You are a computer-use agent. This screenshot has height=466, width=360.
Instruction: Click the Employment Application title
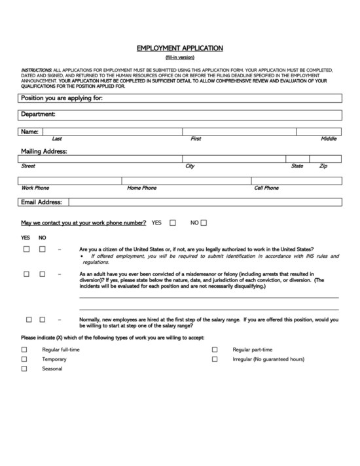click(x=179, y=48)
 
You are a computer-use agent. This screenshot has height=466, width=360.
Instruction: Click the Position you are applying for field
click(x=223, y=98)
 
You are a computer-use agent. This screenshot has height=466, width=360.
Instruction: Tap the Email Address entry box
click(x=205, y=202)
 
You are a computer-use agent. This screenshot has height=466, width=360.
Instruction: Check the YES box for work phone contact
click(x=173, y=223)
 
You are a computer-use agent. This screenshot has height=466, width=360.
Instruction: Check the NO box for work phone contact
click(x=204, y=223)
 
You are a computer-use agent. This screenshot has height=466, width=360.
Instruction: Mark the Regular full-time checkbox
click(x=24, y=349)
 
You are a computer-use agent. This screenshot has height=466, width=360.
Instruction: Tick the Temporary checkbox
click(x=24, y=359)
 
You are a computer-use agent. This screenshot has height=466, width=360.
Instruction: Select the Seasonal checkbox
click(x=24, y=369)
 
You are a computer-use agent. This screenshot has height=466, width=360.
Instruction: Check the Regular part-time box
click(x=214, y=349)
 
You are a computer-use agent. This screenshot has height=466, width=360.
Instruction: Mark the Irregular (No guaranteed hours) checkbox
click(x=214, y=359)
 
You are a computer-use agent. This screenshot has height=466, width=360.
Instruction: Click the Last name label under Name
click(x=57, y=139)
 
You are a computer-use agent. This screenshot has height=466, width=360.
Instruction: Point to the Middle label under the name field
click(x=329, y=139)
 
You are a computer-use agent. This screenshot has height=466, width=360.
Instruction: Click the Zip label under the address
click(x=323, y=166)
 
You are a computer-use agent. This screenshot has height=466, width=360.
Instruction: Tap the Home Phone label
click(x=141, y=188)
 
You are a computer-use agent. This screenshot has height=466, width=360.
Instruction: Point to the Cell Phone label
click(x=266, y=188)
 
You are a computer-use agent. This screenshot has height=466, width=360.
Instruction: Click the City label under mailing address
click(x=190, y=166)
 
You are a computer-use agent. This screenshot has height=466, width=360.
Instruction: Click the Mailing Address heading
click(x=44, y=151)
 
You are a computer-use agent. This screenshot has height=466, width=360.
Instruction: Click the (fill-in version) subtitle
click(x=179, y=58)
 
